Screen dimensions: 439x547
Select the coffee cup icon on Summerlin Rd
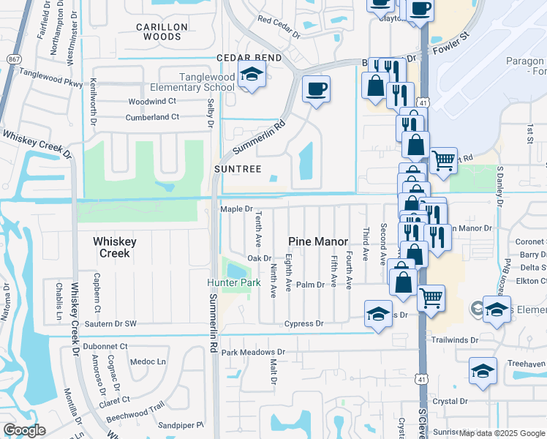316,90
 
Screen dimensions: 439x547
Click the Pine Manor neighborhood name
318,241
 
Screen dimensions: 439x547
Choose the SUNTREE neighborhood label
238,169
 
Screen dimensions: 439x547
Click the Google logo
25,429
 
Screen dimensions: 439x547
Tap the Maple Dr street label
236,209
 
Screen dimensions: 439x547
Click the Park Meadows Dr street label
253,352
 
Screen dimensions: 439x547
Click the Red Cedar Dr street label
279,28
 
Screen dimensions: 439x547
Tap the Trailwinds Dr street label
474,340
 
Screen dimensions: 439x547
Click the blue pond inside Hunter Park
235,271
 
